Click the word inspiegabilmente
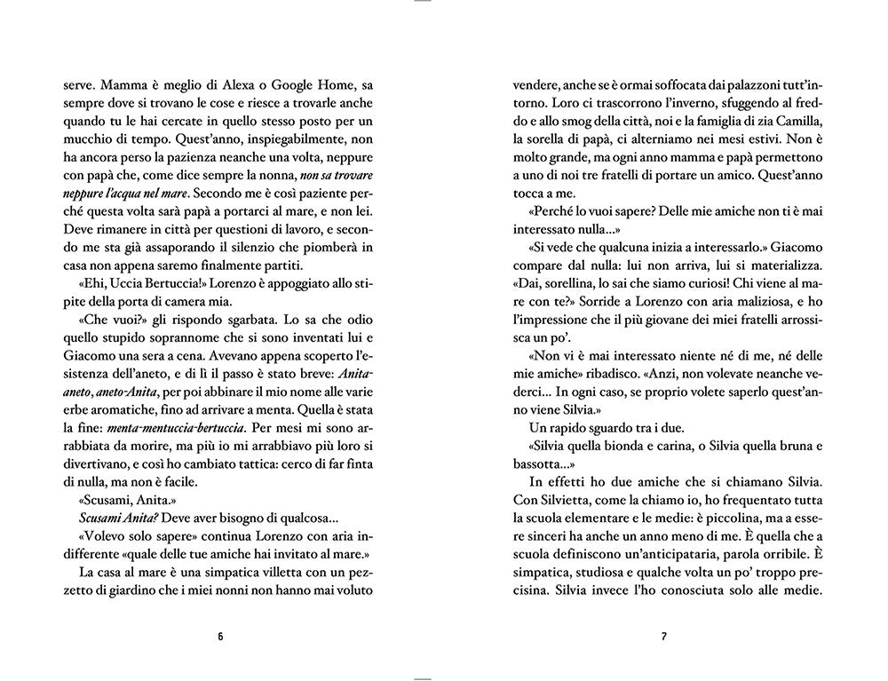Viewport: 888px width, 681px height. [269, 125]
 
